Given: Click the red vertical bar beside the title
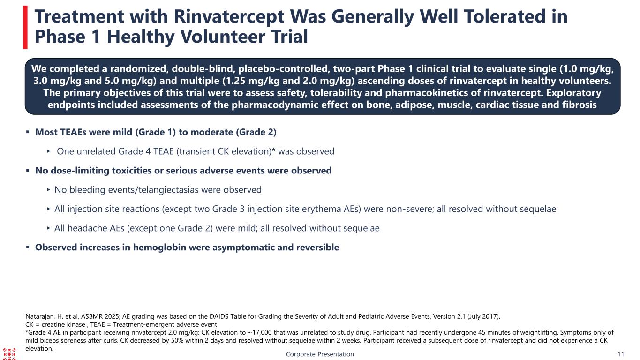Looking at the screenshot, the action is point(25,28).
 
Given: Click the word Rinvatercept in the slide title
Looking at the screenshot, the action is point(229,16).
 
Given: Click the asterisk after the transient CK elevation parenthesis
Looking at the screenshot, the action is point(273,150).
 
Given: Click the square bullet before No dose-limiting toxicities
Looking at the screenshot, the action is point(28,170).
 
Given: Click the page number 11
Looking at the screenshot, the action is point(621,354).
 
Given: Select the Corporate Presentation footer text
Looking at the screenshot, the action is point(320,354).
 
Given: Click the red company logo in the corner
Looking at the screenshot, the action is point(9,354).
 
